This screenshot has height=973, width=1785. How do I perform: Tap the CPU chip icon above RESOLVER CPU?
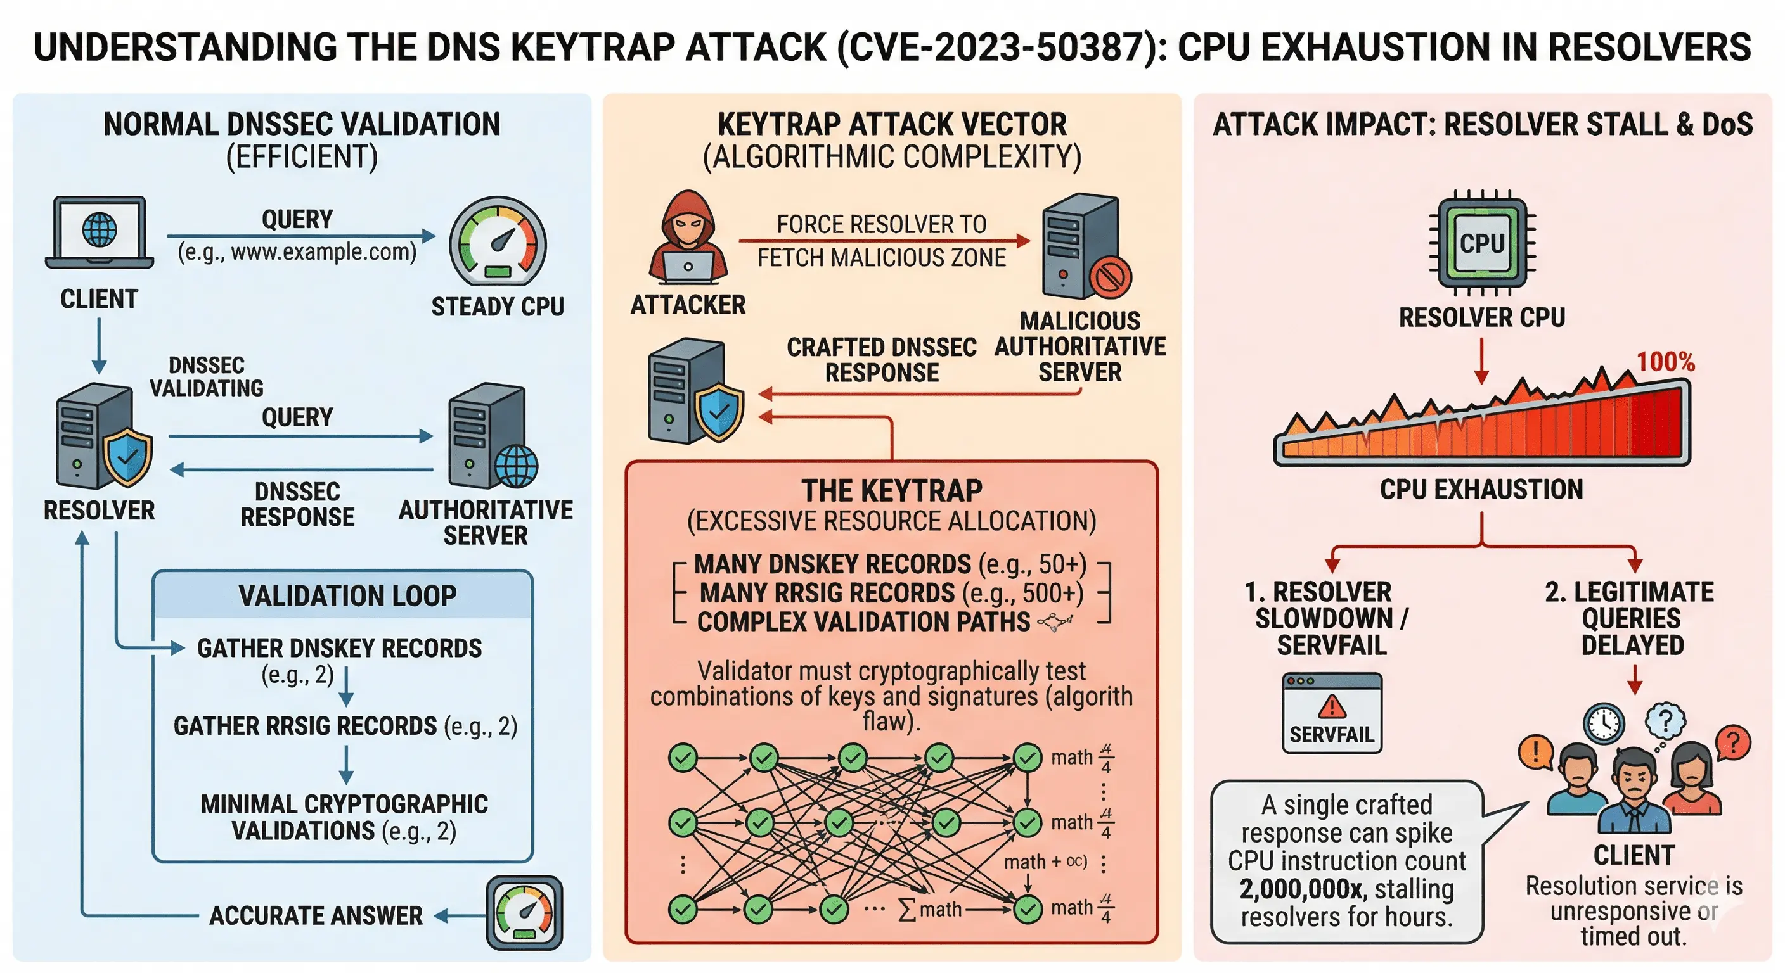click(1481, 243)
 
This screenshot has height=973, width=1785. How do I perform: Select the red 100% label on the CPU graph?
click(1665, 362)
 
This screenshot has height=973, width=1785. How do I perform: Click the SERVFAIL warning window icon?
click(1331, 713)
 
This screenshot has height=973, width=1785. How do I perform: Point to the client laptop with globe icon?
click(100, 232)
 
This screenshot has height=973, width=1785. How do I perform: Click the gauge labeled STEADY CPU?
click(498, 243)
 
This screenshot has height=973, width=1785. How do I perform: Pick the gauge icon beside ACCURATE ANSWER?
click(525, 913)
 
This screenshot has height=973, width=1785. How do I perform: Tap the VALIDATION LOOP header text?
click(347, 595)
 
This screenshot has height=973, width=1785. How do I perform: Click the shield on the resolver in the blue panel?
click(127, 457)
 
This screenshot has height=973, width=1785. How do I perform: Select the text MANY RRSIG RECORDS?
click(827, 594)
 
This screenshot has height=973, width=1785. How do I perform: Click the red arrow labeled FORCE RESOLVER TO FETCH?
click(884, 241)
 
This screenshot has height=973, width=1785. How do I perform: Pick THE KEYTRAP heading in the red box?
click(892, 490)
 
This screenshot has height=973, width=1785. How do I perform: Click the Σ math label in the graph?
click(931, 909)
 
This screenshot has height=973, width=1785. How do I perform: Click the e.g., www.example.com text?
click(297, 252)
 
